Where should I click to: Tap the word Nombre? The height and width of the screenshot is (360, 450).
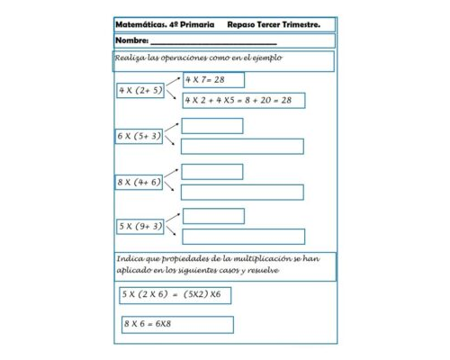(x=131, y=41)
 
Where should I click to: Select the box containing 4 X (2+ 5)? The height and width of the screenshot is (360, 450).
(x=140, y=91)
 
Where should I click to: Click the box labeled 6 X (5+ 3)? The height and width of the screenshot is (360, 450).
(x=139, y=136)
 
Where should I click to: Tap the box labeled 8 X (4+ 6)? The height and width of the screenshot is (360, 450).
(x=139, y=182)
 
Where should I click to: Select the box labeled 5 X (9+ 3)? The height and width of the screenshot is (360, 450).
(x=139, y=226)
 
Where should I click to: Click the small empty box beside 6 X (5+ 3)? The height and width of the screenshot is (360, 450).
(x=212, y=125)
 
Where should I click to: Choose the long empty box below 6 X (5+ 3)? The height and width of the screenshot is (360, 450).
(x=243, y=146)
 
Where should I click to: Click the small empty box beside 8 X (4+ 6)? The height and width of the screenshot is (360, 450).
(x=212, y=171)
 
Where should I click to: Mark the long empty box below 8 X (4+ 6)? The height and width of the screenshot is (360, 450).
(x=243, y=192)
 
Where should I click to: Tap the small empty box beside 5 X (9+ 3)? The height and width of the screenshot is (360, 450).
(x=212, y=216)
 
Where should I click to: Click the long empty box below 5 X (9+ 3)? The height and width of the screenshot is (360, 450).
(x=243, y=237)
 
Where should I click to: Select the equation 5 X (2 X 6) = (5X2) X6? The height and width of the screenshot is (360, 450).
(x=174, y=294)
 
